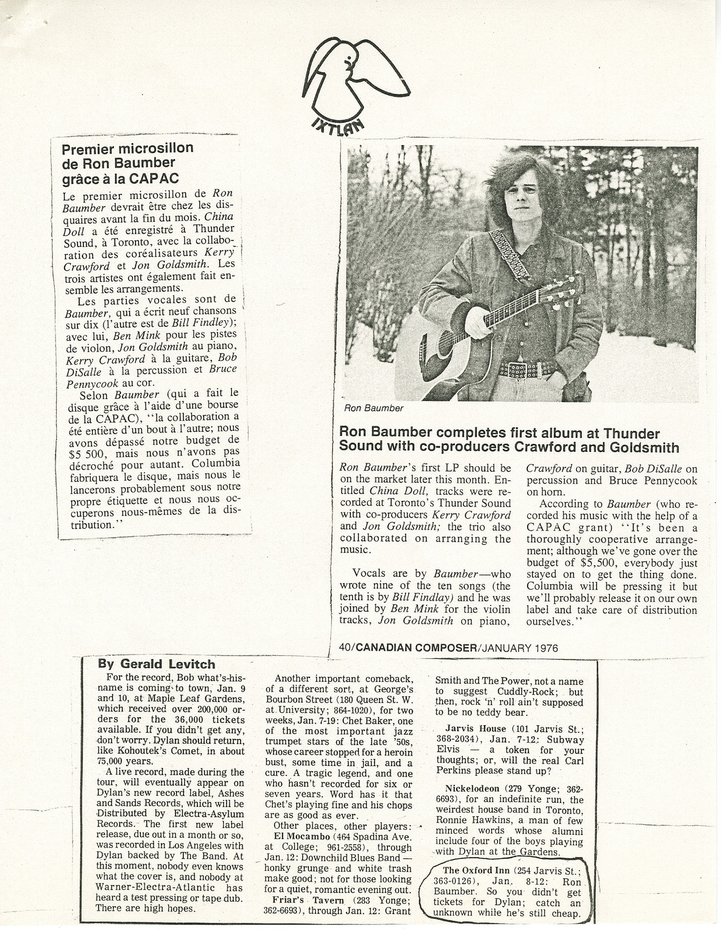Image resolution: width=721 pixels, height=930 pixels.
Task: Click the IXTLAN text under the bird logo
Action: [x=338, y=128]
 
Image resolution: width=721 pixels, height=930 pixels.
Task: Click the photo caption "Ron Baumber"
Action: [x=374, y=409]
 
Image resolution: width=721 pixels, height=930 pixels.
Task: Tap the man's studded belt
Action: [x=528, y=369]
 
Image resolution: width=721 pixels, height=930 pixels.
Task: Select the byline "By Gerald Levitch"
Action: [x=156, y=664]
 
